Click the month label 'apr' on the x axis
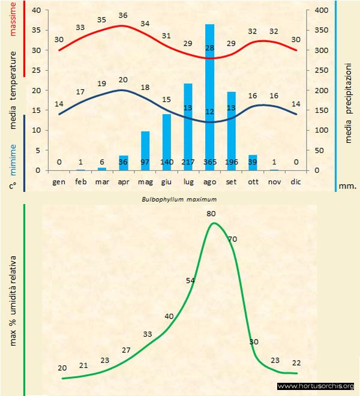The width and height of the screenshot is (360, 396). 123,181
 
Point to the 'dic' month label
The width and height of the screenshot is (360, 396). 296,181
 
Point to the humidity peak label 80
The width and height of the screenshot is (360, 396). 211,213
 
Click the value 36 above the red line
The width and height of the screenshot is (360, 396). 123,16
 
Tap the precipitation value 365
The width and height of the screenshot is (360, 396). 210,162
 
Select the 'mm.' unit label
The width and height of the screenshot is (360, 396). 348,186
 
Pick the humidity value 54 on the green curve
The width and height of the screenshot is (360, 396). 191,280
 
